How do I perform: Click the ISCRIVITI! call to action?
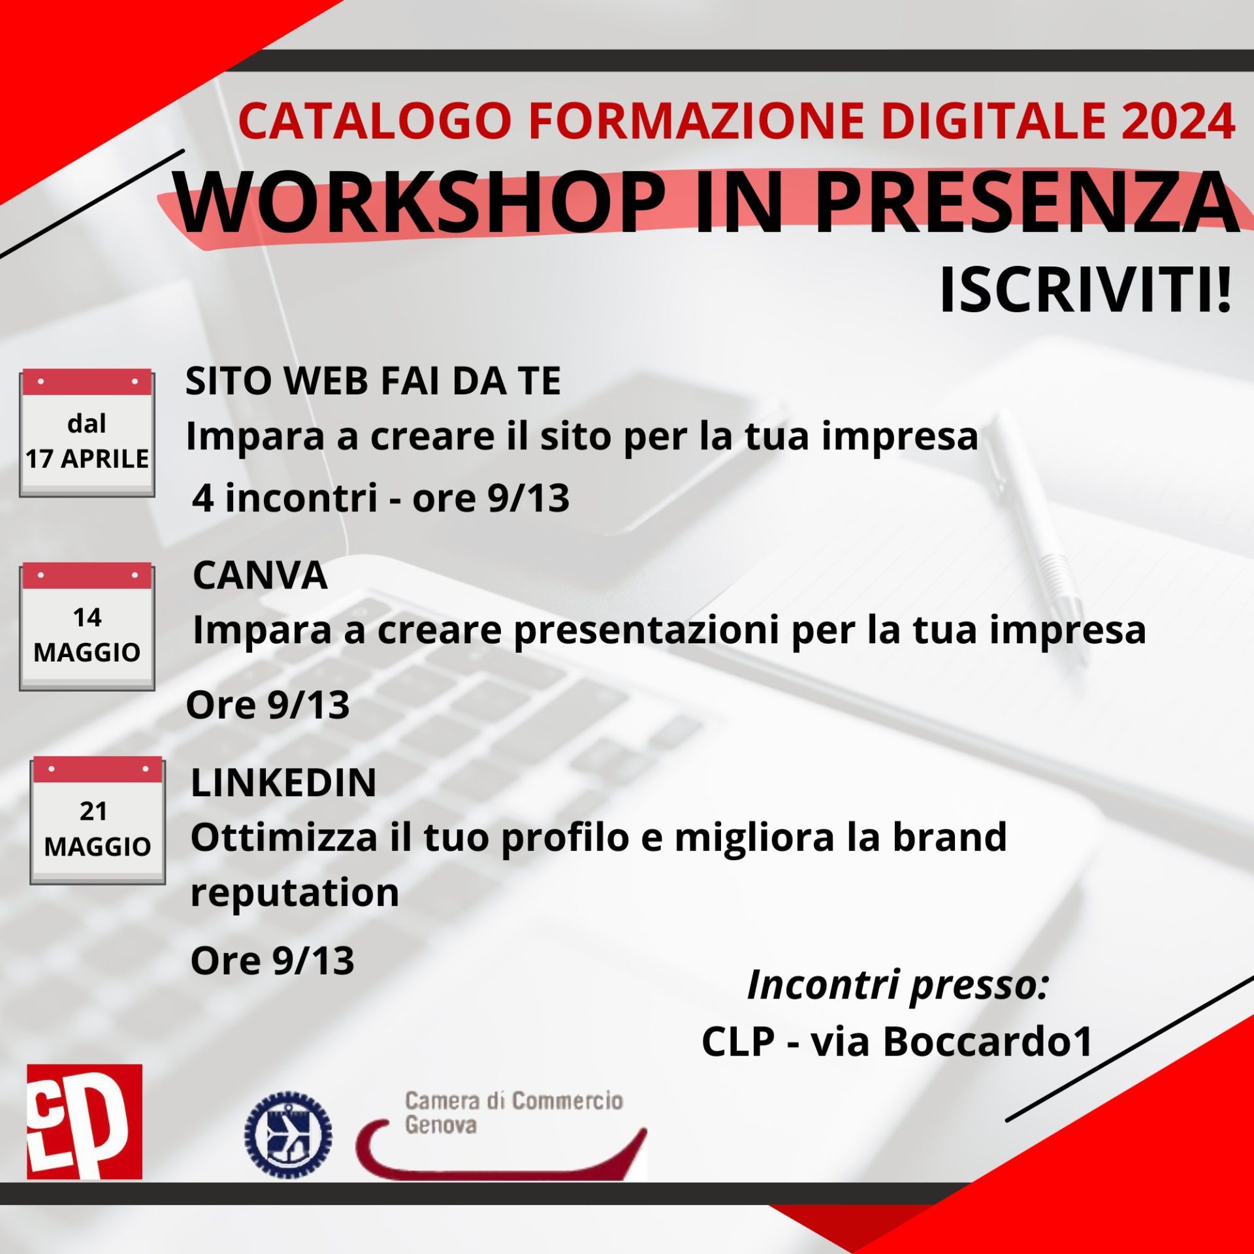coord(1085,291)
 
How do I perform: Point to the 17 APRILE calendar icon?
coord(87,434)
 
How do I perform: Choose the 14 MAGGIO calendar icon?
coord(87,628)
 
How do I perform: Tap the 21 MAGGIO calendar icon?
coord(97,821)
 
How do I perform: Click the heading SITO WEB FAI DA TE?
coord(373,381)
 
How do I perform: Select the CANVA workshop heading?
coord(260,576)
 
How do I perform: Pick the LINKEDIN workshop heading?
coord(283,782)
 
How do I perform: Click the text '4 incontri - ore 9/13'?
coord(381,498)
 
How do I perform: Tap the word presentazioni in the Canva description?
coord(647,631)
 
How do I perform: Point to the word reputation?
coord(295,893)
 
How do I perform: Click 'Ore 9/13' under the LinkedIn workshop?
coord(272,961)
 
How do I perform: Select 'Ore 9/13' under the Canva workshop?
coord(268,705)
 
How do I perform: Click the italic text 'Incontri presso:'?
coord(897,986)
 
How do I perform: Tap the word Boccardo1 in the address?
coord(988,1042)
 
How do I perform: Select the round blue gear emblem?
coord(288,1134)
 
